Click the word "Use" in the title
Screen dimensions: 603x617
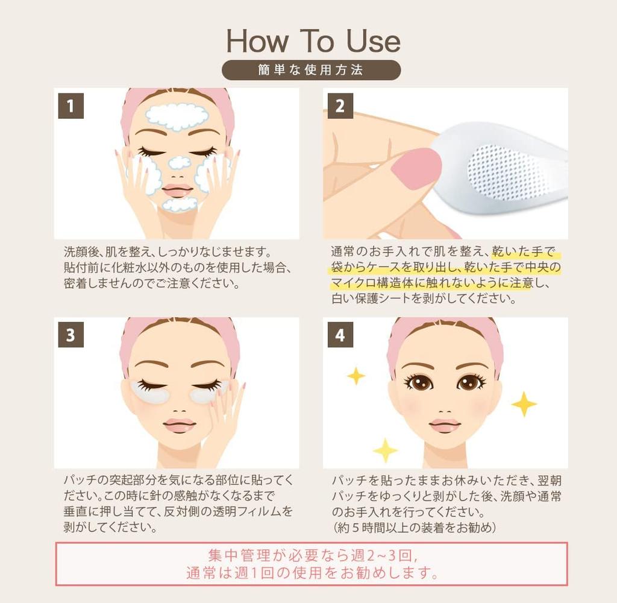[x=372, y=40]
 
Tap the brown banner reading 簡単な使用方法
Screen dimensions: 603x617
[x=311, y=70]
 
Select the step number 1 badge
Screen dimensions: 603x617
[x=70, y=106]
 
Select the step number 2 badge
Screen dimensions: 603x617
[x=340, y=106]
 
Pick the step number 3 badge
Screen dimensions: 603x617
[x=70, y=335]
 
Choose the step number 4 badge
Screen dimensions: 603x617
[x=340, y=335]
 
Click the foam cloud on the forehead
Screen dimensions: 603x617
[x=177, y=117]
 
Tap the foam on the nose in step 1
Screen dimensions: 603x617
[x=179, y=162]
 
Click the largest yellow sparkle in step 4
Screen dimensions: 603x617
[x=524, y=404]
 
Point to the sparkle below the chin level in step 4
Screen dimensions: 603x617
[x=385, y=450]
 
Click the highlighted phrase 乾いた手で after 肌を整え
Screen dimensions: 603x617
[x=522, y=251]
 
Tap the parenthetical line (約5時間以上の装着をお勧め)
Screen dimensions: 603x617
[x=414, y=528]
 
